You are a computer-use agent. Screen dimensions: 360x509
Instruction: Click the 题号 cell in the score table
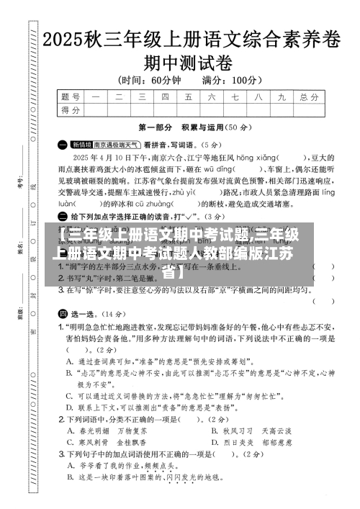click(x=71, y=96)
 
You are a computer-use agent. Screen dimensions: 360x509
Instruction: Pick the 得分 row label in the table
click(x=71, y=109)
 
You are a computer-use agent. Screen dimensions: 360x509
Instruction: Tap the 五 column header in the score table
click(x=188, y=96)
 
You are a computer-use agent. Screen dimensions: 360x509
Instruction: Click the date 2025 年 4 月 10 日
click(x=101, y=156)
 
